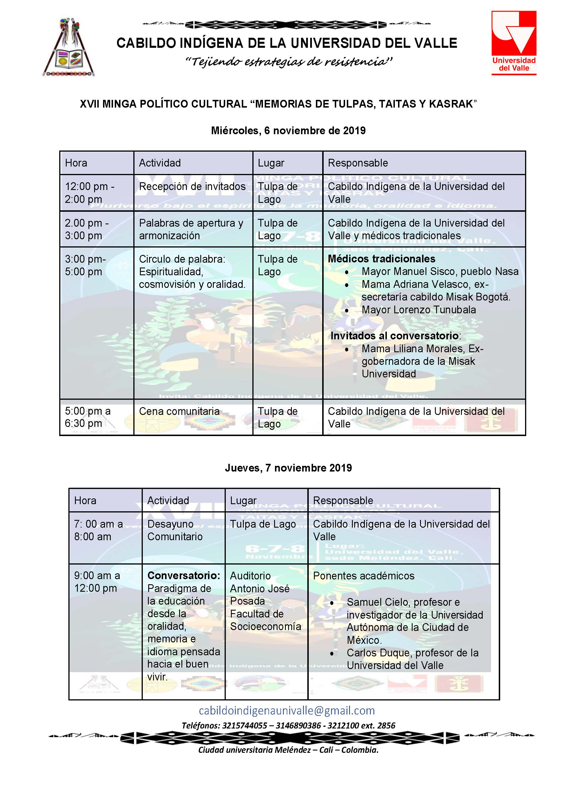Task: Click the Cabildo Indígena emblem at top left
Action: point(69,48)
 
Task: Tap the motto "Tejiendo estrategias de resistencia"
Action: point(288,62)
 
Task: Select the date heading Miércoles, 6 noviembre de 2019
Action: point(288,131)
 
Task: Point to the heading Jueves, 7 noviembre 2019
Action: point(288,468)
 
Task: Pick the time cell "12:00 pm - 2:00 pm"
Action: point(90,193)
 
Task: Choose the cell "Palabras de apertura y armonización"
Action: point(191,229)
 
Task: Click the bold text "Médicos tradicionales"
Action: point(381,259)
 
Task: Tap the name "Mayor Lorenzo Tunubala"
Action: point(418,310)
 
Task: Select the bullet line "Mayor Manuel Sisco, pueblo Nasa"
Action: point(440,271)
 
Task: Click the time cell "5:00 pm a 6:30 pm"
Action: point(88,417)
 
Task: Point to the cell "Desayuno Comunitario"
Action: point(175,530)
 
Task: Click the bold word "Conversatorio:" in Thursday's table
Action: point(183,575)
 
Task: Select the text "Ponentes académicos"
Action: point(364,576)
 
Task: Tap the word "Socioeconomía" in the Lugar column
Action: point(266,626)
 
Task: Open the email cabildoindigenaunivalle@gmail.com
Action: point(287,710)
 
